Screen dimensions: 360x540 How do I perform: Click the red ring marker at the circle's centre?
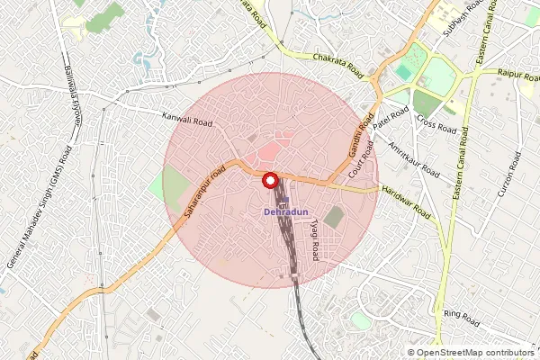[269, 181]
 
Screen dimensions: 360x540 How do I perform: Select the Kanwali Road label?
[186, 118]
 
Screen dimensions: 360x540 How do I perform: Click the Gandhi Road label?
[360, 138]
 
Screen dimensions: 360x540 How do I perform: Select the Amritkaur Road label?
[413, 158]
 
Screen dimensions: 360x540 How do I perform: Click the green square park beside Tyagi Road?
[334, 217]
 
